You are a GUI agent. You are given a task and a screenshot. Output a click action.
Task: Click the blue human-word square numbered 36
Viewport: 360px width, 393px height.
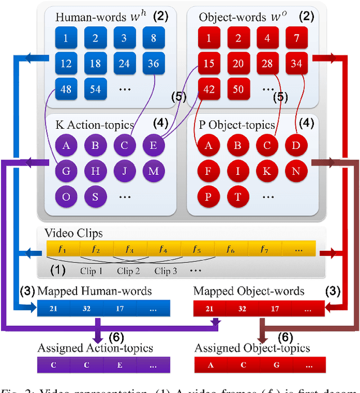tap(154, 64)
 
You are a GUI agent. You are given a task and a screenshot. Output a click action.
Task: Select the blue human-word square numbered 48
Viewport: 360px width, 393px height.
tap(66, 89)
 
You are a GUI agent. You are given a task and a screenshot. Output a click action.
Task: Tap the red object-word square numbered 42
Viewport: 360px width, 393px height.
tap(209, 89)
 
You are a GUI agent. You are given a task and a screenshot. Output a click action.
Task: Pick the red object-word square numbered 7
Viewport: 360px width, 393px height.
tap(296, 38)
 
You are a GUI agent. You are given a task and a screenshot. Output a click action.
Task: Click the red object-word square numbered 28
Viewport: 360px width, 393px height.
tap(267, 64)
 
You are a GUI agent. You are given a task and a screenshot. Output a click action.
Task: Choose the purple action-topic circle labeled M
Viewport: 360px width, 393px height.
tap(154, 171)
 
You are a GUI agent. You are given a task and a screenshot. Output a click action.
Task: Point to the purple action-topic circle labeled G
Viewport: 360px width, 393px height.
tap(66, 171)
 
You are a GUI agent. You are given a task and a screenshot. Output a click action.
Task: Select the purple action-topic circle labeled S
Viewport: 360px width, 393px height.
tap(96, 196)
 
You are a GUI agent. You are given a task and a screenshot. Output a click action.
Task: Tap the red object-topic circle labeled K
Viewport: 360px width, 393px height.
tap(267, 171)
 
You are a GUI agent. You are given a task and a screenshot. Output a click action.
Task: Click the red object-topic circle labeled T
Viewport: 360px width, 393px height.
tap(238, 196)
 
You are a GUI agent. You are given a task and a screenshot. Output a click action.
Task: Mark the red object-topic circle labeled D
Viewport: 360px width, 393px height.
tap(296, 146)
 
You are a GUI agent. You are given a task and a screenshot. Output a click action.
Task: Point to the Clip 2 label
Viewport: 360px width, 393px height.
tap(128, 271)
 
